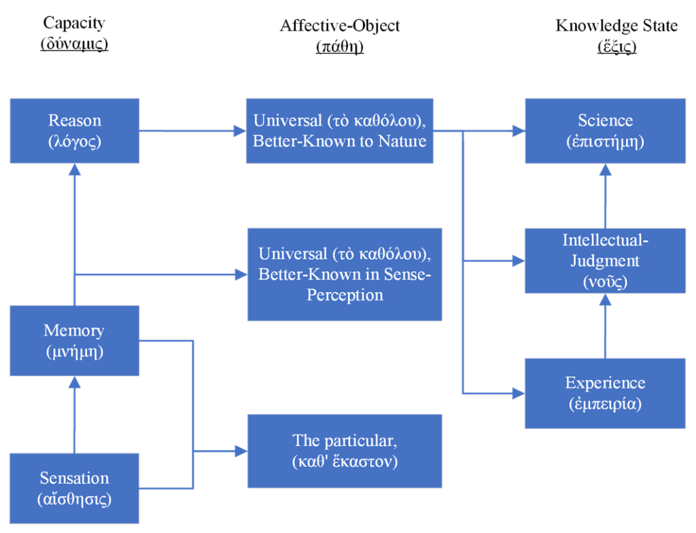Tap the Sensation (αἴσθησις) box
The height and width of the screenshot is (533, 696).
[75, 488]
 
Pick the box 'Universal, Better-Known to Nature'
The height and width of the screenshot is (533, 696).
[340, 131]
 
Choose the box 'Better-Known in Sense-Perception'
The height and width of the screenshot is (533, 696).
[345, 275]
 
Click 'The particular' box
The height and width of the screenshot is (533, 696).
[345, 451]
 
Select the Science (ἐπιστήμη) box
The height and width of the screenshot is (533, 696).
[605, 131]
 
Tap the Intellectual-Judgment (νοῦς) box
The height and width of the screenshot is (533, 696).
[605, 261]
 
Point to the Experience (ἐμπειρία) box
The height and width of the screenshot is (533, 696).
[605, 393]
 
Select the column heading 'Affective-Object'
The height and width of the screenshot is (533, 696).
[340, 26]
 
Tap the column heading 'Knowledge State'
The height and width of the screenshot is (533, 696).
[616, 26]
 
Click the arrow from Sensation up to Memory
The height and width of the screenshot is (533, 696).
[75, 415]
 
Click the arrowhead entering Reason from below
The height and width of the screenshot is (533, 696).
[75, 171]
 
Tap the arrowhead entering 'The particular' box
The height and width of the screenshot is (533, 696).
[239, 451]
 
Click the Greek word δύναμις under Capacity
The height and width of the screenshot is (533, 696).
[74, 46]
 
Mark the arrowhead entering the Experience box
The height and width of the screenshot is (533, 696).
[518, 393]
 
